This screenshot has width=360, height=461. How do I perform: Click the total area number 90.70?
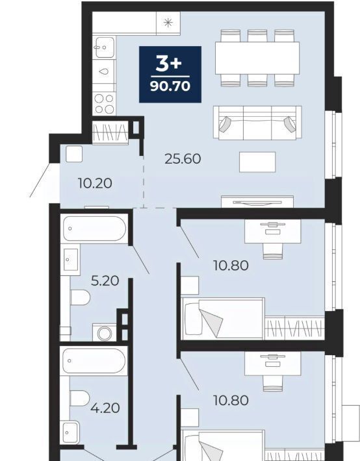170,86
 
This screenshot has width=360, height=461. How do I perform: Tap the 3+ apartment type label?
169,64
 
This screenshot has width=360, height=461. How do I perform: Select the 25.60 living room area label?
183,159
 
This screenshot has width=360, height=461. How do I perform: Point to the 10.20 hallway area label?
95,184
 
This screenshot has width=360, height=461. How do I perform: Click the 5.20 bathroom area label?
105,281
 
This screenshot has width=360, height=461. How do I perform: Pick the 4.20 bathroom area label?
105,408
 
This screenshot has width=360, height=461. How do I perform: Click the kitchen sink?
103,47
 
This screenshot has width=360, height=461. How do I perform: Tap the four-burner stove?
104,103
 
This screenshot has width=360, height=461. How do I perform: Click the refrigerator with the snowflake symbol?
168,23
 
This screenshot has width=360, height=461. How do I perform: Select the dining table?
257,58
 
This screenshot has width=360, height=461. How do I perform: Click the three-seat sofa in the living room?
257,123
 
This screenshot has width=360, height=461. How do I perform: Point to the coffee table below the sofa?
257,162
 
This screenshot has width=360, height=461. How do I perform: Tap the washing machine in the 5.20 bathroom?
105,333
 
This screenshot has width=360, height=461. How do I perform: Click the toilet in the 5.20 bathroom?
80,297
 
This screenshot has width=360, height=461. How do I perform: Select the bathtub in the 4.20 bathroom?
94,361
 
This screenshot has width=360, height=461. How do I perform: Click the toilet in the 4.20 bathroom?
79,398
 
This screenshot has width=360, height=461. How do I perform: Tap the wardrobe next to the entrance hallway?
110,132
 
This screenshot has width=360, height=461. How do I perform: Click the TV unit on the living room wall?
257,202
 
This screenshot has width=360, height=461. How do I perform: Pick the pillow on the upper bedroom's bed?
192,319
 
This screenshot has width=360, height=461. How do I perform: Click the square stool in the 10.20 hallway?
74,154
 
